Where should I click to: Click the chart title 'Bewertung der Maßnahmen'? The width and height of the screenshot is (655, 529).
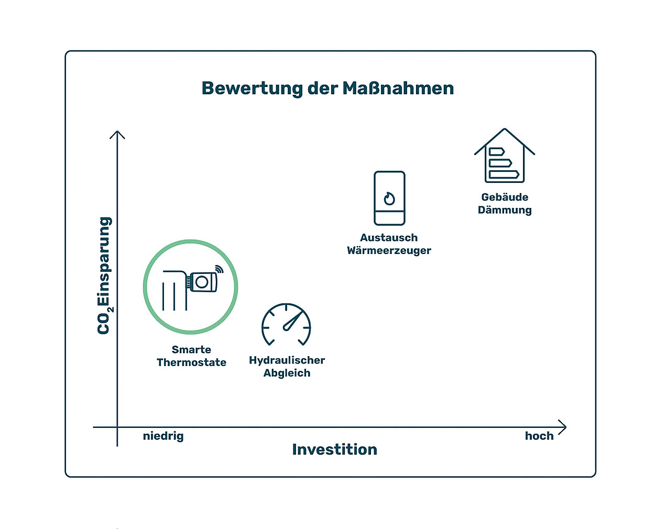[327, 89]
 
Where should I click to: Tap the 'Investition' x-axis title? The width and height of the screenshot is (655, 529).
[334, 449]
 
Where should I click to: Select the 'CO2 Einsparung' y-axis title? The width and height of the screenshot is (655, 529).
[105, 275]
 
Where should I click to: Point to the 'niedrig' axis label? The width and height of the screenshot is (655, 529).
[163, 436]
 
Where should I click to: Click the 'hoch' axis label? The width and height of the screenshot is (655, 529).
[539, 436]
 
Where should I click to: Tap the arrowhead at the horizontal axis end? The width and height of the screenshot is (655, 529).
[562, 427]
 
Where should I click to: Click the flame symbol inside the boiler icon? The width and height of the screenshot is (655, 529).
[389, 199]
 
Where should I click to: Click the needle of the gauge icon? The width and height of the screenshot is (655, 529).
[292, 321]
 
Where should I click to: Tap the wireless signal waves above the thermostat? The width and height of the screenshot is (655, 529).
[219, 269]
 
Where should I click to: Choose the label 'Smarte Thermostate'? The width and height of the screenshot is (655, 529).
[191, 356]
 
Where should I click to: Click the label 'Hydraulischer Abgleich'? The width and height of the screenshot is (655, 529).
[287, 367]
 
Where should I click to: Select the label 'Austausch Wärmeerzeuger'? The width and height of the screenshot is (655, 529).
[389, 244]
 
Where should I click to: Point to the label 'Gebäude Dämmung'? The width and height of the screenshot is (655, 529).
[505, 204]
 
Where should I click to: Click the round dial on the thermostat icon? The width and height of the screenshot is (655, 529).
[202, 282]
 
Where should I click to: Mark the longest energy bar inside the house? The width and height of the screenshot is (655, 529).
[504, 174]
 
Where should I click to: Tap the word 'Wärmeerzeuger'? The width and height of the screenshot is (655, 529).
[389, 250]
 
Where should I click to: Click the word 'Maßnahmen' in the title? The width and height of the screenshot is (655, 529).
[398, 88]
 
